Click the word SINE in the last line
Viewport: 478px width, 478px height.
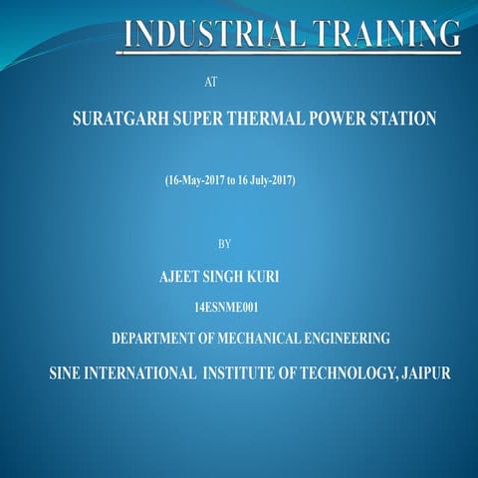point(68,374)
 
